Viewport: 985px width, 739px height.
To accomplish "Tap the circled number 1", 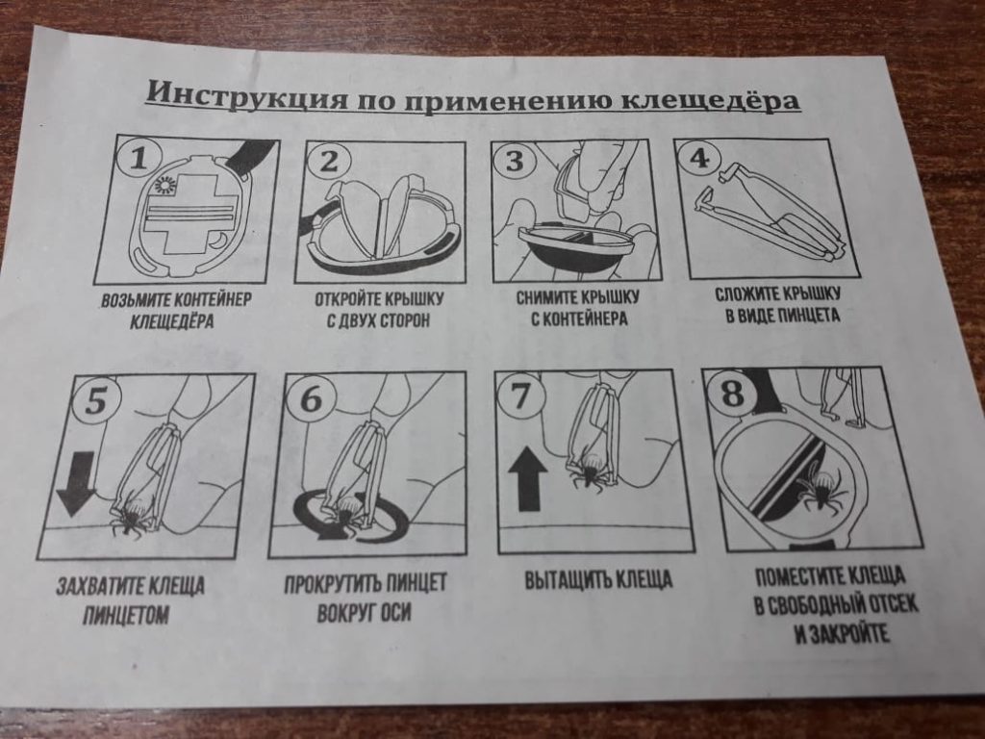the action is coord(139,159).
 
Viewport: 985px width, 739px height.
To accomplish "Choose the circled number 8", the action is coord(733,395).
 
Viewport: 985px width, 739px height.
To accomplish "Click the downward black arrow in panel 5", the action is coord(76,484).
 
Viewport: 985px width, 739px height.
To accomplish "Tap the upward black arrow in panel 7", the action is coord(527,478).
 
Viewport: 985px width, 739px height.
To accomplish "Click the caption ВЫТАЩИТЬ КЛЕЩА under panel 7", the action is coord(598,579).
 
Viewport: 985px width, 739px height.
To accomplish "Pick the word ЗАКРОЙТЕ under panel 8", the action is coord(842,633).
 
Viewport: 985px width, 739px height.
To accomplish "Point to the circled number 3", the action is coord(515,161).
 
